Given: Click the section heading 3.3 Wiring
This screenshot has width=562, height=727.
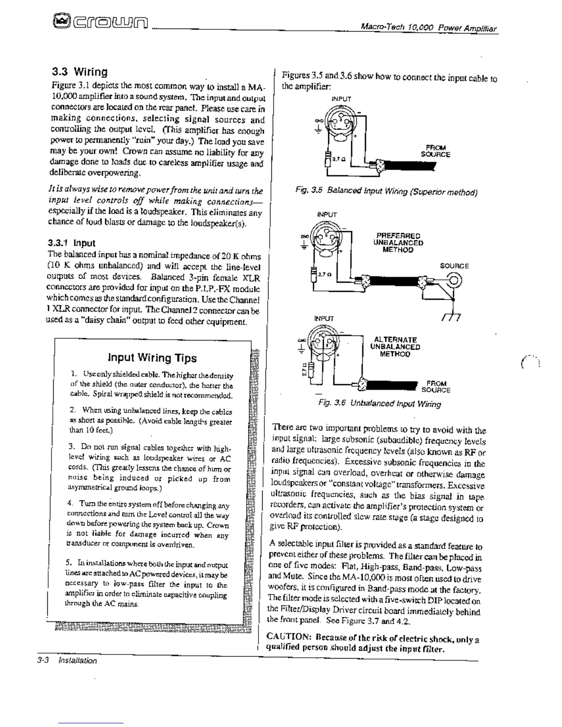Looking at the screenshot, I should [79, 72].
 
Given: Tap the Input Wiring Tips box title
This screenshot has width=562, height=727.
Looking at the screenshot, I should [152, 358].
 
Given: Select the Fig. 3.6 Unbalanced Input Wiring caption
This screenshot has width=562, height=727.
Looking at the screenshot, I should [379, 404].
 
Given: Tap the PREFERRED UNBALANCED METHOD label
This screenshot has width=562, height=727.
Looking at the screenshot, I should [398, 243].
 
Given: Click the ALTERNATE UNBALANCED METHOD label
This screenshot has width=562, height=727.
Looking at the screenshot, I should [395, 347].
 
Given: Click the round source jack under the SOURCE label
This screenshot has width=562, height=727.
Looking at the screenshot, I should [454, 280].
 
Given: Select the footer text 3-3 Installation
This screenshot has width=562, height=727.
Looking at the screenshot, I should [67, 661].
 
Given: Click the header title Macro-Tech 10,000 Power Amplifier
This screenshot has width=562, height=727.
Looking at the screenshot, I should [429, 28].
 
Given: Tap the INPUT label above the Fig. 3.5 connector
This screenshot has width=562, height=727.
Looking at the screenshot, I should [341, 99].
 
